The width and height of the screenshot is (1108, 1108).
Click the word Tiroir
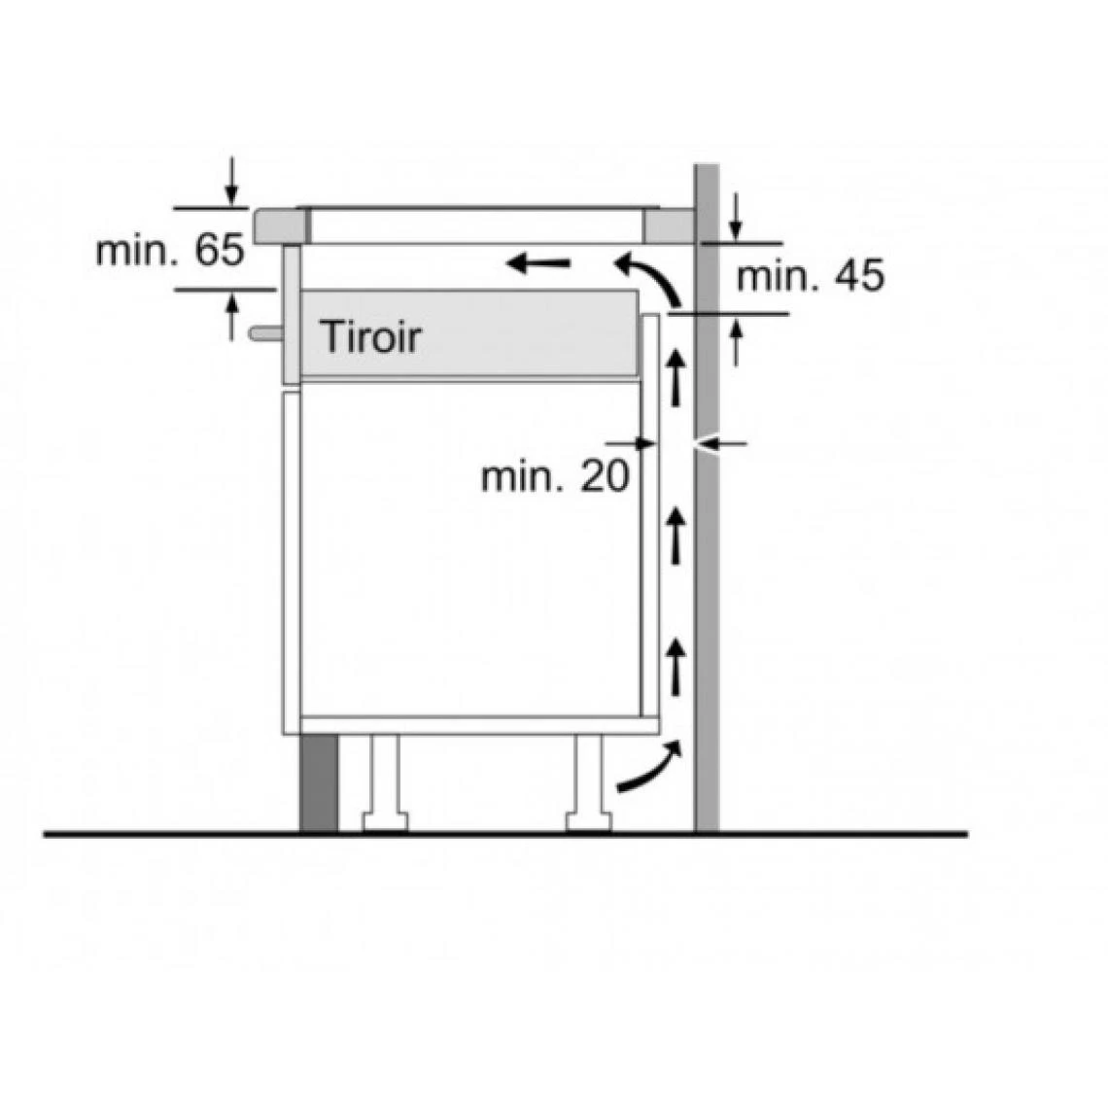click(x=370, y=337)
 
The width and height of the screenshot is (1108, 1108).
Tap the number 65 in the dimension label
click(x=219, y=250)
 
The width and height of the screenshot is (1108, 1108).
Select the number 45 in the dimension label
click(x=858, y=275)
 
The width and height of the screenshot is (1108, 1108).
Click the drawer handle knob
click(x=265, y=332)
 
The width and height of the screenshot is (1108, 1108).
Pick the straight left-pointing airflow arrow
click(x=537, y=263)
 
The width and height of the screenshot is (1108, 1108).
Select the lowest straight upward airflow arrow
click(x=676, y=666)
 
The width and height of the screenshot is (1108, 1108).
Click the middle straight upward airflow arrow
click(x=676, y=536)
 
